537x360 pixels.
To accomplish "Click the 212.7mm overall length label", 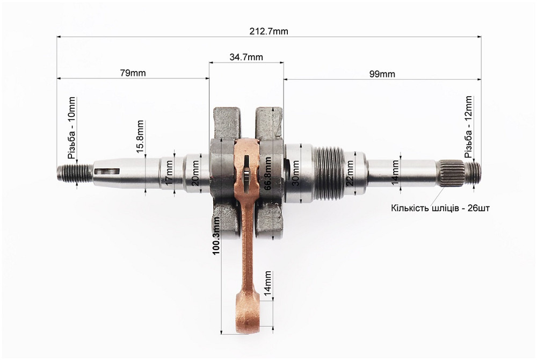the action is (269, 32).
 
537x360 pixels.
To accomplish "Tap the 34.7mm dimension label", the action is (246, 57).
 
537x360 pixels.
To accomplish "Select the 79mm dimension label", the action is (133, 73).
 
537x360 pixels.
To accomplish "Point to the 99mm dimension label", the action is (382, 74).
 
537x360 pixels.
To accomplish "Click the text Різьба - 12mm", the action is (468, 127).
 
